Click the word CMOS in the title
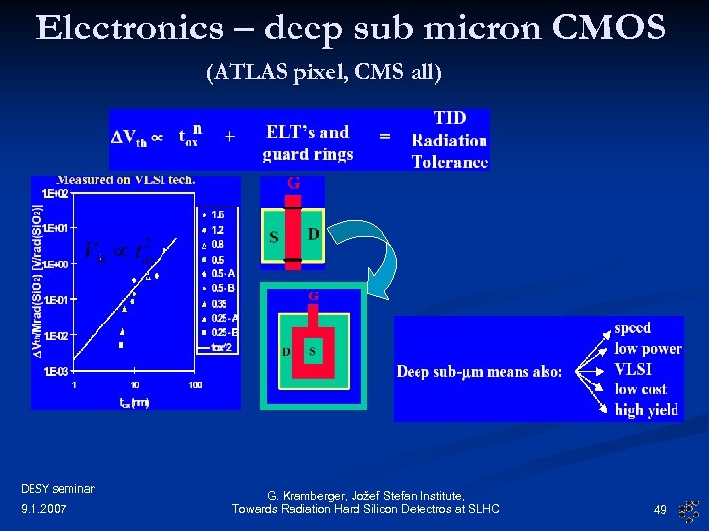[611, 28]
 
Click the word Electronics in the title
[129, 28]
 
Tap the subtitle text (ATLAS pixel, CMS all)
[324, 72]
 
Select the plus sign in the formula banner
[229, 138]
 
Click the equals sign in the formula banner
[385, 138]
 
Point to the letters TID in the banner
[450, 117]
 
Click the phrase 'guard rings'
[307, 154]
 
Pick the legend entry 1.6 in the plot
[218, 213]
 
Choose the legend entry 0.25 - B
[224, 332]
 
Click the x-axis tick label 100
[195, 384]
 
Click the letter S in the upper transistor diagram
[274, 236]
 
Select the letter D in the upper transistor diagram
[313, 234]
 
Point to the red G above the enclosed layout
[313, 295]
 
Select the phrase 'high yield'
[647, 410]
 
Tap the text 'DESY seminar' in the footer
[57, 488]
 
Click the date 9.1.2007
[42, 509]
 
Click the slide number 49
[660, 510]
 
